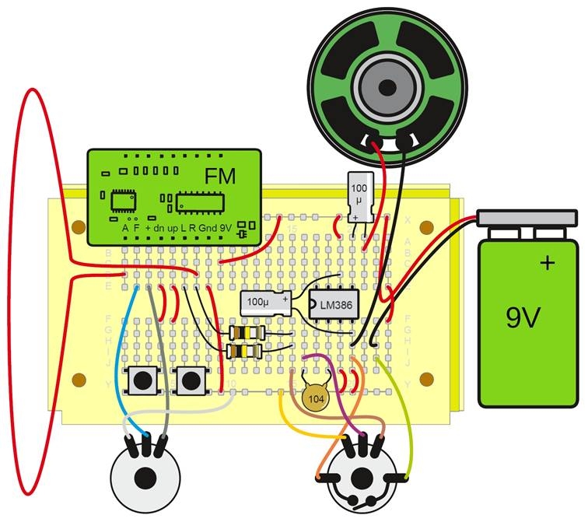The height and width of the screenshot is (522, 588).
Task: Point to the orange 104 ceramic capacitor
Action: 314,397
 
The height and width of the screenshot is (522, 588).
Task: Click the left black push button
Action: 145,380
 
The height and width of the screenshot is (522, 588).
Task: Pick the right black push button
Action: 189,380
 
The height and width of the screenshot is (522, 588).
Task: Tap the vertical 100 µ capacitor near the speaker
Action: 359,197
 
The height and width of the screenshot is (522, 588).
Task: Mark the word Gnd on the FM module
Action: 207,228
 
